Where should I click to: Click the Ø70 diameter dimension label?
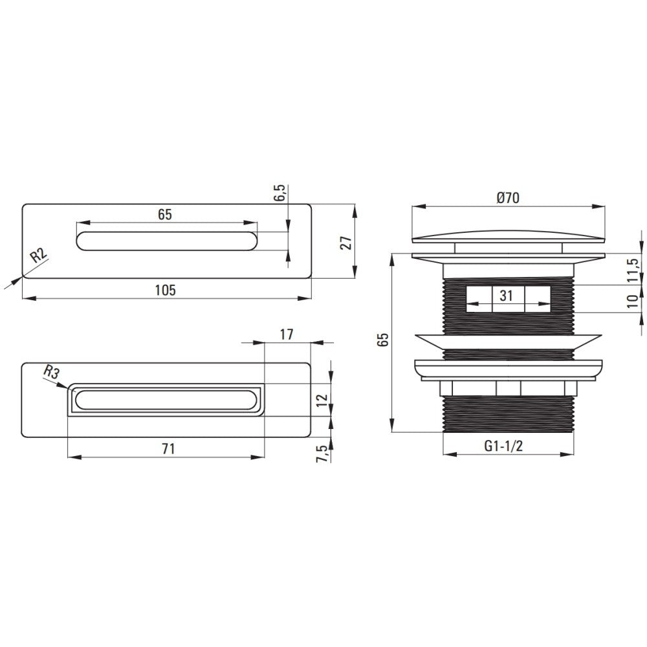(x=508, y=198)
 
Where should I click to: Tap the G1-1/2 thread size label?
(x=503, y=446)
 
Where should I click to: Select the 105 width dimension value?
(x=165, y=290)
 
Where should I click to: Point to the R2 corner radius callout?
(x=39, y=256)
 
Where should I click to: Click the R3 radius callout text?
(x=52, y=373)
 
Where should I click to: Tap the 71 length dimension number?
(x=168, y=448)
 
